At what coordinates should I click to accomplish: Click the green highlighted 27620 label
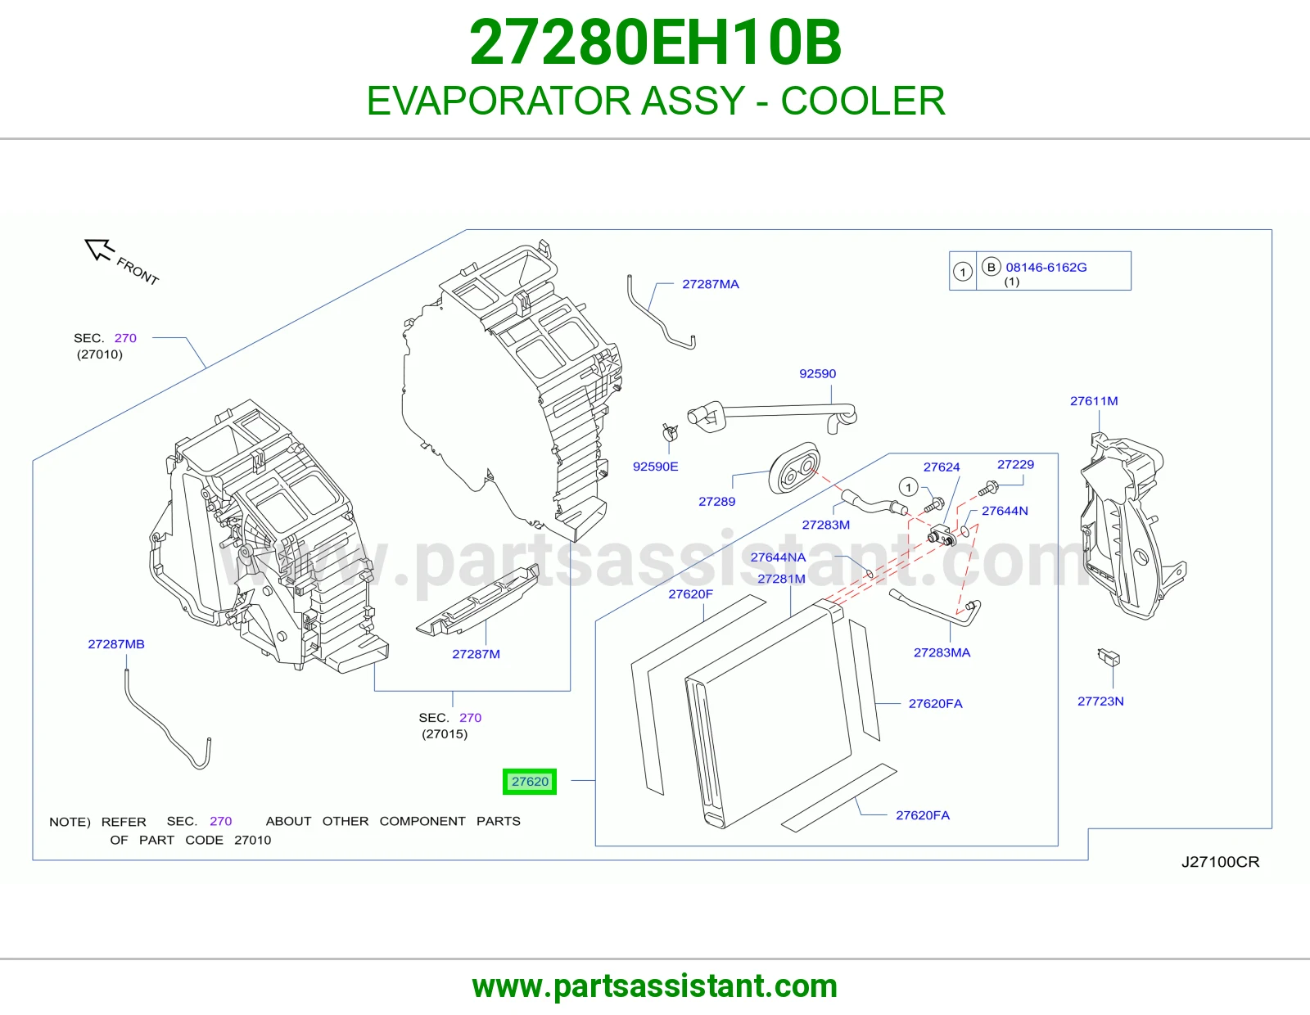click(x=529, y=781)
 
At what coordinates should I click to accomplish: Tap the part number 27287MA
click(x=710, y=284)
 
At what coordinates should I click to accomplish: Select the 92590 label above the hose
click(x=817, y=373)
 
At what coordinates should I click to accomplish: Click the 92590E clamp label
click(x=655, y=466)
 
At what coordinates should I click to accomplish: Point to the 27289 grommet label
click(x=716, y=501)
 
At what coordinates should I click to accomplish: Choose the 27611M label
click(x=1094, y=400)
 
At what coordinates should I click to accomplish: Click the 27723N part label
click(x=1100, y=701)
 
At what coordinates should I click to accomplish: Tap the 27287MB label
click(x=116, y=643)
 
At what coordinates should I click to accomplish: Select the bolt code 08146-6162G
click(x=1046, y=266)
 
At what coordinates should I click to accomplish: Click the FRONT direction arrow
click(x=98, y=249)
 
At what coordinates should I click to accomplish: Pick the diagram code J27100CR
click(x=1220, y=861)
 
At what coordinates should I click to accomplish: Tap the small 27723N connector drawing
click(x=1109, y=656)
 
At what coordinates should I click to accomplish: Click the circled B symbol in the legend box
click(x=991, y=266)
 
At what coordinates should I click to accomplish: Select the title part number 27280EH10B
click(x=655, y=42)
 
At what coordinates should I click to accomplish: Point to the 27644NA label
click(x=778, y=557)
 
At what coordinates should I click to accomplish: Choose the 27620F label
click(x=690, y=593)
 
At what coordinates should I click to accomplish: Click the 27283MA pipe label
click(x=942, y=652)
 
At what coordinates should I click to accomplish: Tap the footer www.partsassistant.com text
click(x=655, y=986)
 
